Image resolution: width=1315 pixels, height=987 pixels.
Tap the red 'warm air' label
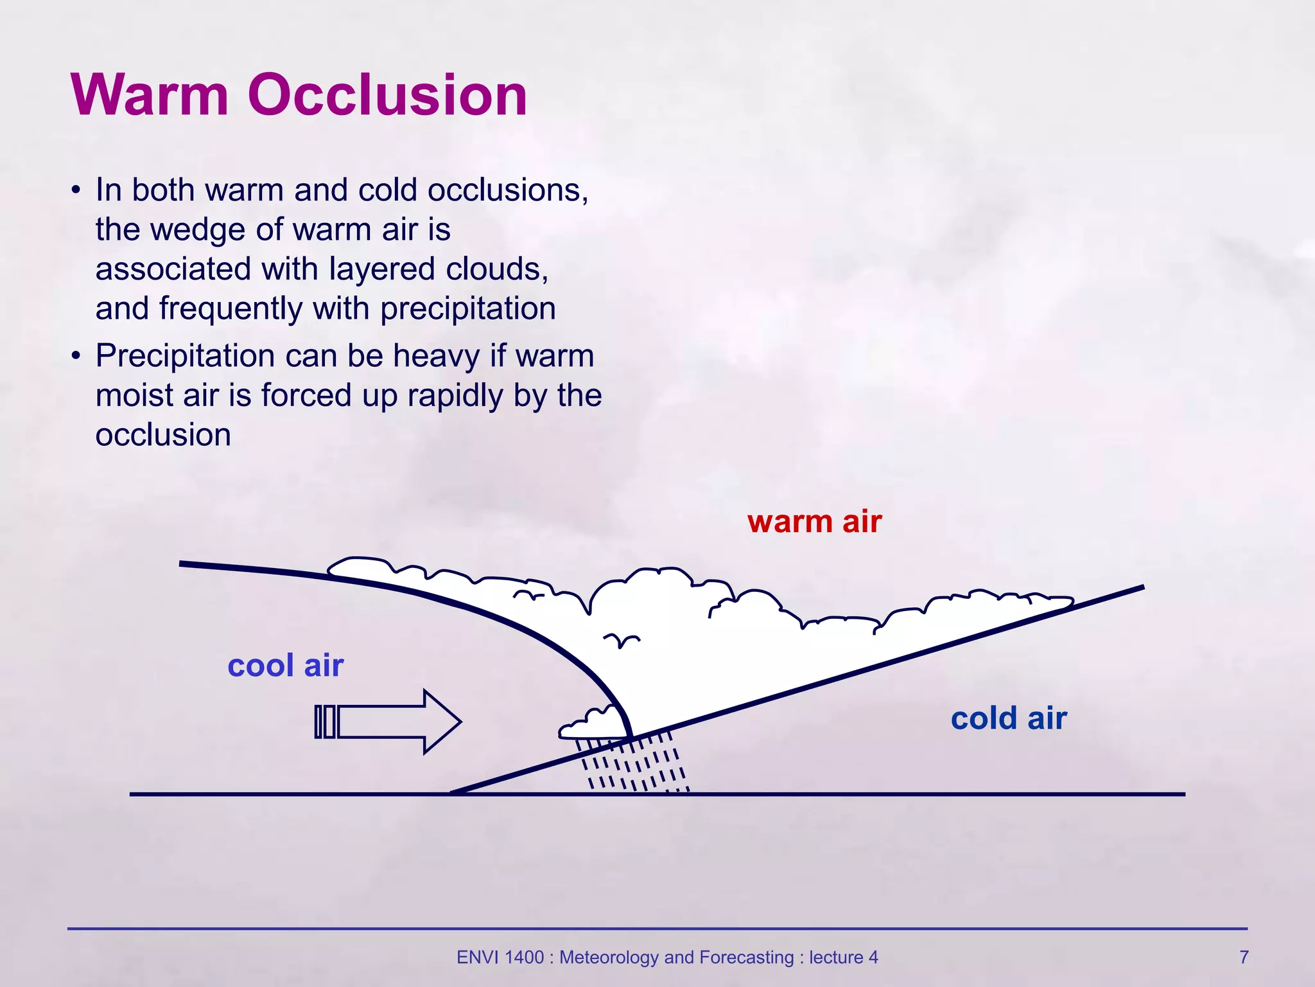(x=814, y=521)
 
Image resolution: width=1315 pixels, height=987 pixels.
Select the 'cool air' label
(x=285, y=665)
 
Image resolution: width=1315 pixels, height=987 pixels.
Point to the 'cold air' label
(x=1008, y=718)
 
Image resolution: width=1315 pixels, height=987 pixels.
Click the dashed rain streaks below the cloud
(x=636, y=765)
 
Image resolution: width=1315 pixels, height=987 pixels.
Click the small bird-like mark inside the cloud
(x=621, y=640)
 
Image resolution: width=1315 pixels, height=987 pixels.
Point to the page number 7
(x=1244, y=957)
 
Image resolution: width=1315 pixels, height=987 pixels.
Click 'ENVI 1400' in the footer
(x=500, y=957)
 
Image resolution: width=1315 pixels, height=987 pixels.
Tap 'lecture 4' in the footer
(x=843, y=957)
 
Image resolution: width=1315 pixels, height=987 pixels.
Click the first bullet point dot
(x=76, y=191)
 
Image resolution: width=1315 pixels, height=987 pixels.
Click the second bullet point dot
(x=76, y=356)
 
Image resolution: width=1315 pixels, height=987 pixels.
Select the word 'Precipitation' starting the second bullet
(x=185, y=356)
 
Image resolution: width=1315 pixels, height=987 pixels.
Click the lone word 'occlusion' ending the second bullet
(x=163, y=435)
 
